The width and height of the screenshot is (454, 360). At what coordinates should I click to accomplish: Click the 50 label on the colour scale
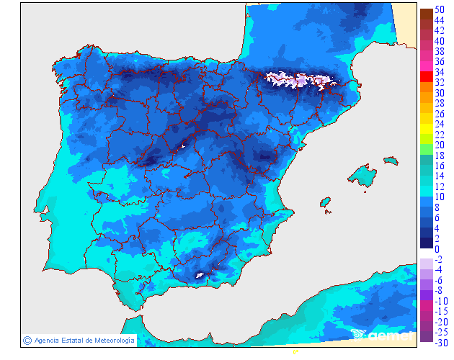439,9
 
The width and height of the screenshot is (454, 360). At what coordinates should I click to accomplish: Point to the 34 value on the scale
439,72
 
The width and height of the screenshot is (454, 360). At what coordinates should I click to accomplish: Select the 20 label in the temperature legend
439,145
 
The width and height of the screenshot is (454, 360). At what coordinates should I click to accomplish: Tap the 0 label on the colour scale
437,249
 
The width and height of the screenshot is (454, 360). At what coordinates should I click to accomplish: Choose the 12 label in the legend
439,186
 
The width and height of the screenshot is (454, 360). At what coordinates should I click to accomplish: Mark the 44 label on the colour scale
439,20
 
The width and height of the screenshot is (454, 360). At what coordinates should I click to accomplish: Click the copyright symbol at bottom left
27,340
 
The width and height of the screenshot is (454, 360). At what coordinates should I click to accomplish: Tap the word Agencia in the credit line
48,340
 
